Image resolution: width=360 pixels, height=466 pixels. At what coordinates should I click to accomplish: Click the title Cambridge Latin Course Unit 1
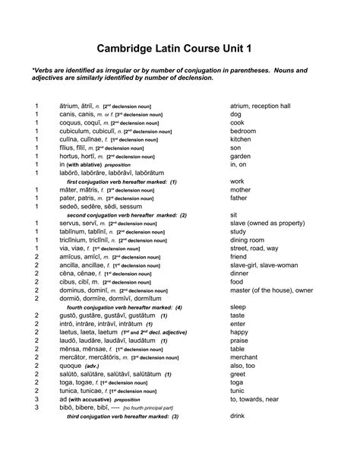coord(179,49)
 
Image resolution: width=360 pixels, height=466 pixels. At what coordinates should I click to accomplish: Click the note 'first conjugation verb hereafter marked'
coord(122,182)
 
